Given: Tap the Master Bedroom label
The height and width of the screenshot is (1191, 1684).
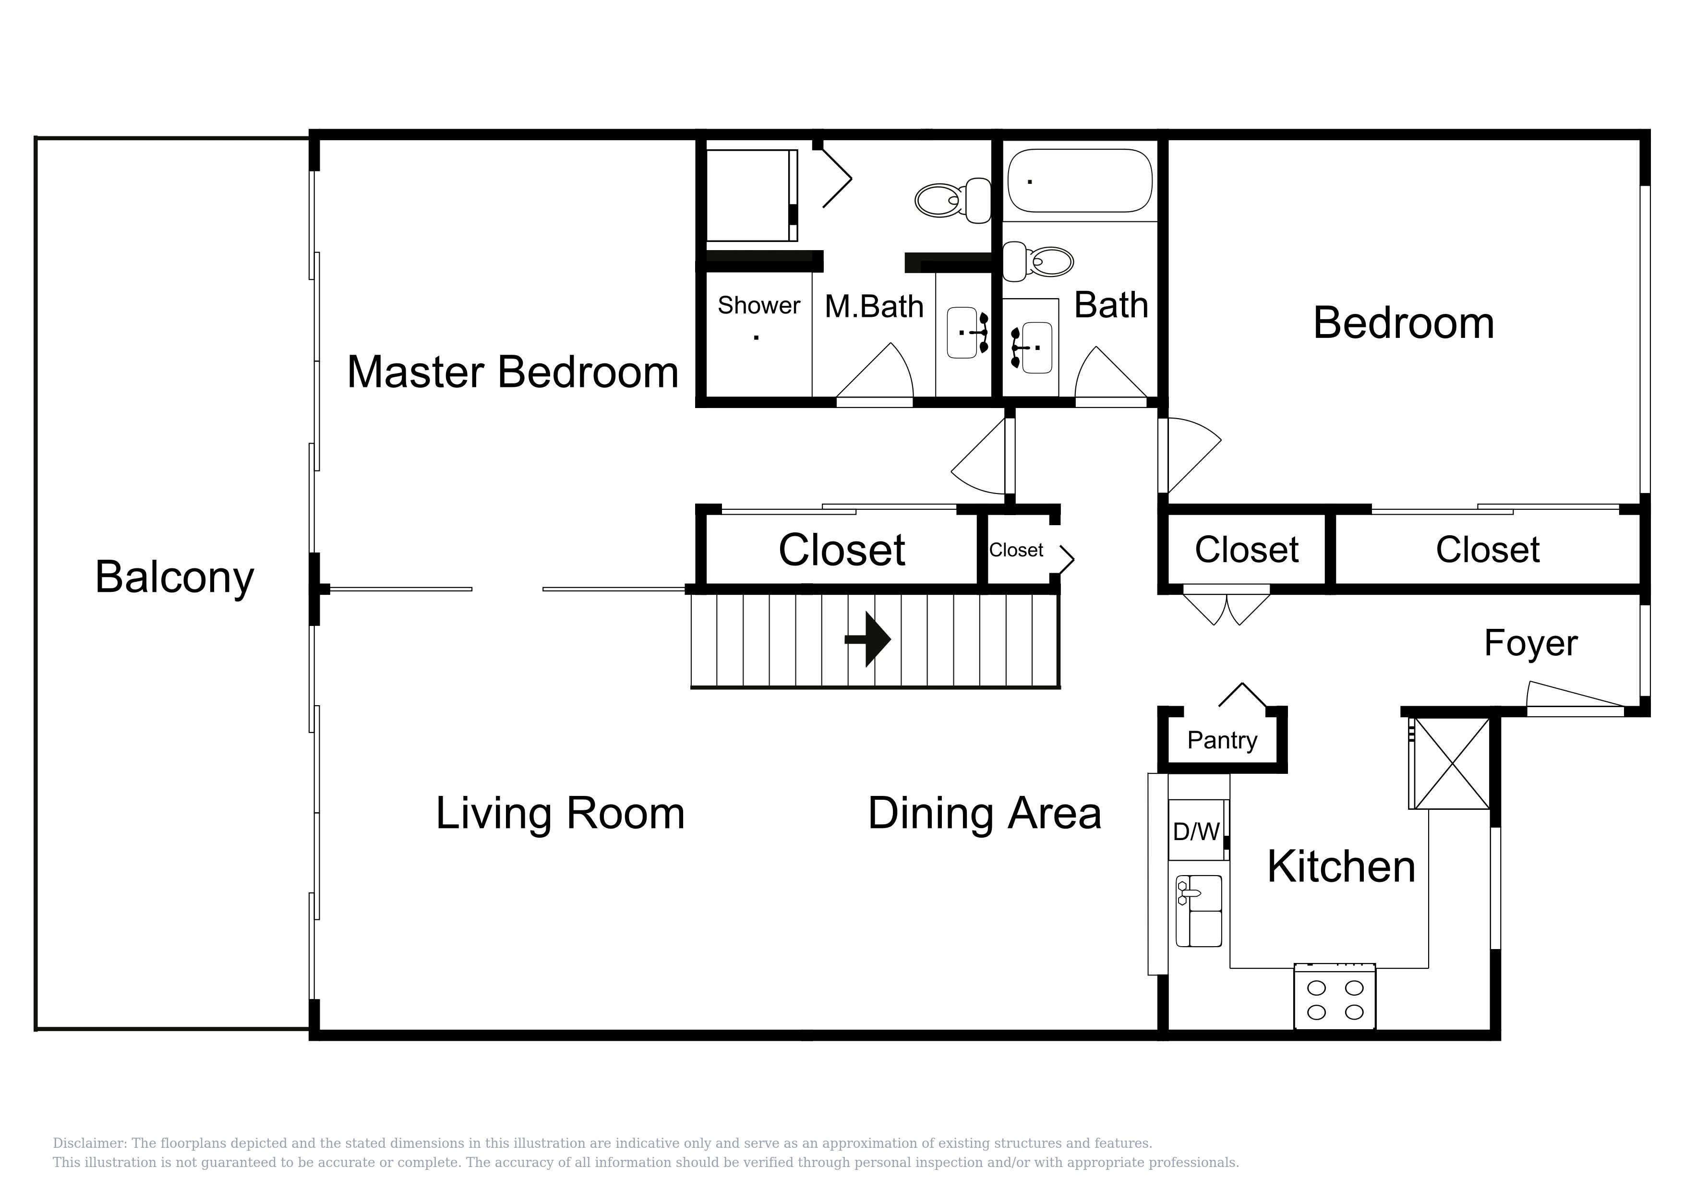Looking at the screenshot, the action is pos(513,372).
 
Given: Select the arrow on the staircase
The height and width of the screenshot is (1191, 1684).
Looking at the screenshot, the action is pos(867,639).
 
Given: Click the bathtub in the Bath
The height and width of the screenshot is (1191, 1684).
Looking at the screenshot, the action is pos(1080,181).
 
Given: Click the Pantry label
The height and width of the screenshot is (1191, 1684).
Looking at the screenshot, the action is pos(1222,741).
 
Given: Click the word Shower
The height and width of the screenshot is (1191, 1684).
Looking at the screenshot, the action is pos(758,305).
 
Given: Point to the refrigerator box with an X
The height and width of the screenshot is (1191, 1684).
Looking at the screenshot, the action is pos(1450,763).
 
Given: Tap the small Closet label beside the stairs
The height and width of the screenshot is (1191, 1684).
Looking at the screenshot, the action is pos(1016,550).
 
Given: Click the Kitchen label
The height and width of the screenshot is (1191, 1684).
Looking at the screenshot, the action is pos(1341,867).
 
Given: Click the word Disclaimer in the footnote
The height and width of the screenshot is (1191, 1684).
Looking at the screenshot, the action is pos(89,1143).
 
